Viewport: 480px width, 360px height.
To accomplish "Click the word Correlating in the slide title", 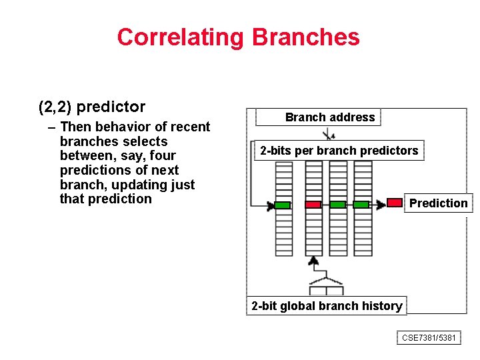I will (181, 37).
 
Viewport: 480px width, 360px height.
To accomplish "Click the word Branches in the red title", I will (306, 37).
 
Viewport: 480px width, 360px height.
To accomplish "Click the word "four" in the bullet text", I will (163, 156).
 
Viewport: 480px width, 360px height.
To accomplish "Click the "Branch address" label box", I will (329, 117).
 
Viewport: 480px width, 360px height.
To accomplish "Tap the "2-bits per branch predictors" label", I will (339, 151).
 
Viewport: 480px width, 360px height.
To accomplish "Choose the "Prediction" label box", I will (438, 203).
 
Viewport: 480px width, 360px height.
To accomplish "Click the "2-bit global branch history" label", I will (327, 306).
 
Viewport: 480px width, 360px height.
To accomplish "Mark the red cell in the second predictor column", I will (313, 205).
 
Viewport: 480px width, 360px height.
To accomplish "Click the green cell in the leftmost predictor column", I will (283, 205).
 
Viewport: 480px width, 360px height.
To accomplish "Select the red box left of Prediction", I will (395, 202).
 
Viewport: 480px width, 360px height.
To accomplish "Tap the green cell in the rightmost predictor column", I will (361, 205).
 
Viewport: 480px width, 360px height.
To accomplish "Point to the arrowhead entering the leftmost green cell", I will (271, 205).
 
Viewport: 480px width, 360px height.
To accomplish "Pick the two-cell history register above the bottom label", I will (326, 290).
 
